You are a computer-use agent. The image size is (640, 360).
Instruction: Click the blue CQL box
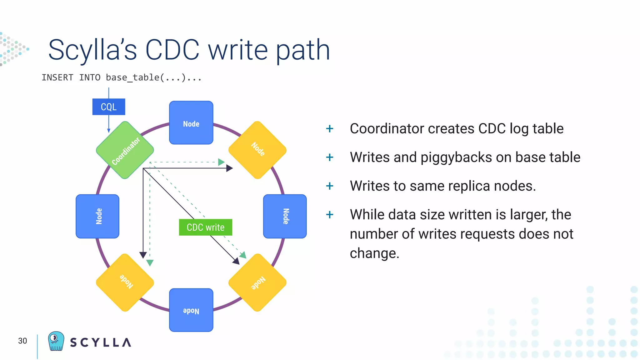pyautogui.click(x=108, y=107)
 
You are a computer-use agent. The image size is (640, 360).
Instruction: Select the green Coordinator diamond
pyautogui.click(x=125, y=150)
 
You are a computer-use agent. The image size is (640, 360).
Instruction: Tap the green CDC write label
pyautogui.click(x=205, y=227)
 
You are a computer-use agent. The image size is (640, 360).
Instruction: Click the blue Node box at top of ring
pyautogui.click(x=191, y=123)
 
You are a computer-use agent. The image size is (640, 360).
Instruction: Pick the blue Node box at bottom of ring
pyautogui.click(x=191, y=310)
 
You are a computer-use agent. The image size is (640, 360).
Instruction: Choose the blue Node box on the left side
pyautogui.click(x=97, y=216)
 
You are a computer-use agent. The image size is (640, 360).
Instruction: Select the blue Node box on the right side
pyautogui.click(x=285, y=216)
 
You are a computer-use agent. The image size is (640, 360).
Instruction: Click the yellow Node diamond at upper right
pyautogui.click(x=257, y=150)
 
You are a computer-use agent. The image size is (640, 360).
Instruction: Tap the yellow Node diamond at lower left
pyautogui.click(x=125, y=282)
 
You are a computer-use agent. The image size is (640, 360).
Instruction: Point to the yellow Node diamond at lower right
pyautogui.click(x=257, y=282)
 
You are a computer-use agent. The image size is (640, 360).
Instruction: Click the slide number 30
pyautogui.click(x=22, y=341)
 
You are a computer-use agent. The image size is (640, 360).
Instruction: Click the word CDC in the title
pyautogui.click(x=172, y=50)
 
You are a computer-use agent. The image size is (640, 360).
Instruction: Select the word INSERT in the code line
pyautogui.click(x=57, y=77)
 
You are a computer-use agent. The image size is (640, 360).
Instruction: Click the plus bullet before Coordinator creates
pyautogui.click(x=330, y=129)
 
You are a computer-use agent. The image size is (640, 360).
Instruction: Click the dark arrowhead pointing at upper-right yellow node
pyautogui.click(x=230, y=168)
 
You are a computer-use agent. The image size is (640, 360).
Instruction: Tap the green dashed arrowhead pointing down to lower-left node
pyautogui.click(x=150, y=263)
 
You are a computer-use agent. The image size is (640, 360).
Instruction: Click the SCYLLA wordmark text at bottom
pyautogui.click(x=101, y=342)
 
